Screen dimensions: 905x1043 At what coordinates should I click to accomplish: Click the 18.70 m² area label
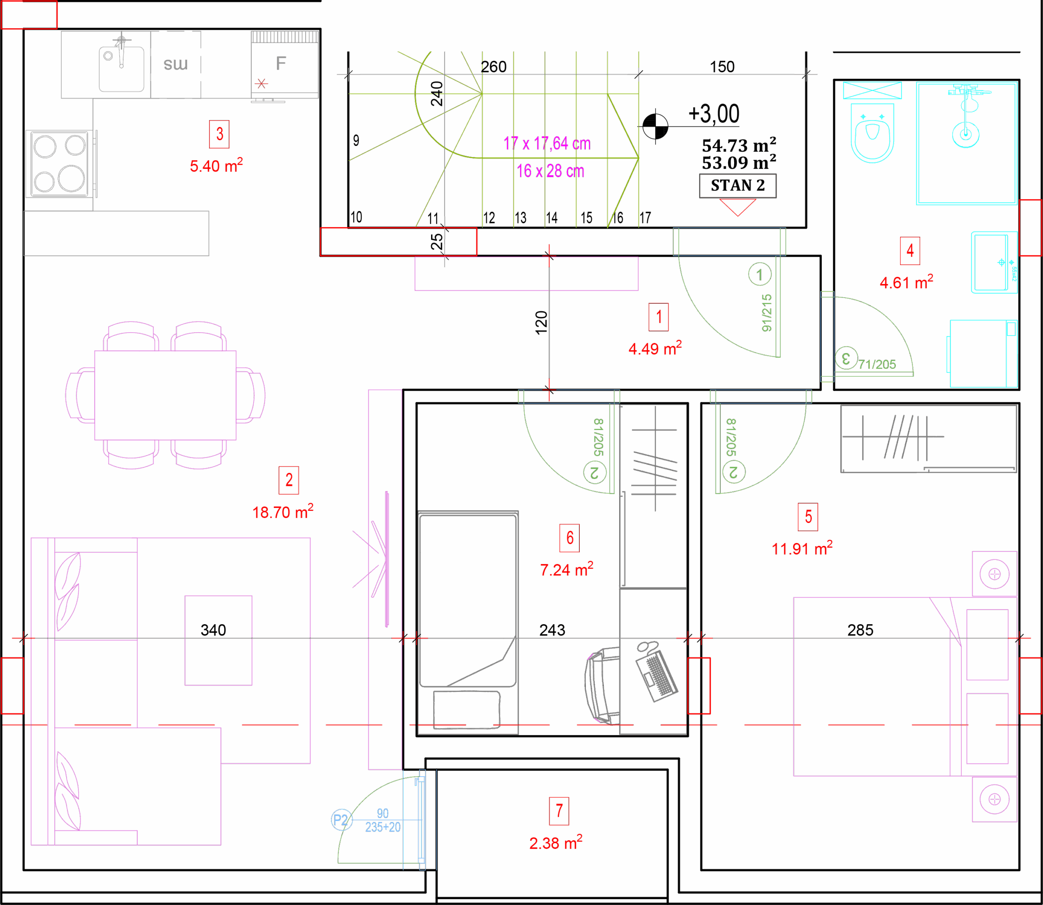click(283, 512)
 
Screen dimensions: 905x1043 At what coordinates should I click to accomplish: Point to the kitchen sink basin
click(121, 68)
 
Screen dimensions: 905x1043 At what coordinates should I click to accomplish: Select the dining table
click(165, 395)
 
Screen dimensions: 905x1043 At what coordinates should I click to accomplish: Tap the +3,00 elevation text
click(713, 114)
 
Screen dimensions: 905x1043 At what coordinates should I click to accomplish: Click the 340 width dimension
click(213, 630)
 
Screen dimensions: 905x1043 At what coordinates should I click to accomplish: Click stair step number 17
click(645, 218)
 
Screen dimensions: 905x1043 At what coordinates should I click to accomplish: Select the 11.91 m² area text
click(802, 548)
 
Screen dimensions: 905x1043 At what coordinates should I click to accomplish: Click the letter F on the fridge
click(281, 63)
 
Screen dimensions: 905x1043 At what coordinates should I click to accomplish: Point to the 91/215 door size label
click(766, 313)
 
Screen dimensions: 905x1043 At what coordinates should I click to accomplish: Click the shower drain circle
click(965, 135)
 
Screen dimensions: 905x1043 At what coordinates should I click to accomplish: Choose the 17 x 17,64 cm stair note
click(547, 143)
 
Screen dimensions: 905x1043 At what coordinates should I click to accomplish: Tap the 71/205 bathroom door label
click(877, 364)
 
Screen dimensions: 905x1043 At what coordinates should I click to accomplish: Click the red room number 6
click(569, 538)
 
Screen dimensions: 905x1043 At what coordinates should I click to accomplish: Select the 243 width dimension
click(552, 630)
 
